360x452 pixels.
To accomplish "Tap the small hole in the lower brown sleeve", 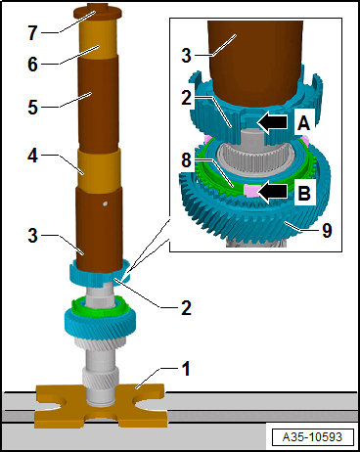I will pos(105,204).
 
